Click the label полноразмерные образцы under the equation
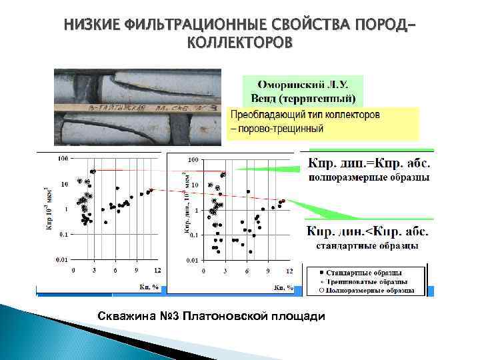coord(368,177)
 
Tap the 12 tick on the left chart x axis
coord(157,270)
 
